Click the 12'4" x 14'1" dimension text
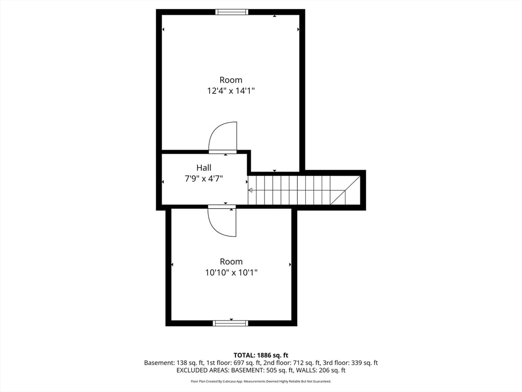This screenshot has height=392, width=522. (231, 91)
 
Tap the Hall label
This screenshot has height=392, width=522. (204, 167)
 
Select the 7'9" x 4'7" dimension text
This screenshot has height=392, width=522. (204, 179)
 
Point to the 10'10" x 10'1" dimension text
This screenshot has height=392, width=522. (231, 273)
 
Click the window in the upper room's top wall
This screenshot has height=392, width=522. (232, 12)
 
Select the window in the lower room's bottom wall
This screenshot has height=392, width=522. (230, 323)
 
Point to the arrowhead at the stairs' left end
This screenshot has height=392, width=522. (250, 190)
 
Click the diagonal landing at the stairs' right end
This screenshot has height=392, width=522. (346, 190)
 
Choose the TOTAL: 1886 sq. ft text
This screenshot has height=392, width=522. (261, 355)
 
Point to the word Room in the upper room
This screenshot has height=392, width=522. (231, 80)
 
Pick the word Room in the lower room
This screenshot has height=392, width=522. (231, 261)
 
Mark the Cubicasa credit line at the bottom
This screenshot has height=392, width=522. (261, 381)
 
